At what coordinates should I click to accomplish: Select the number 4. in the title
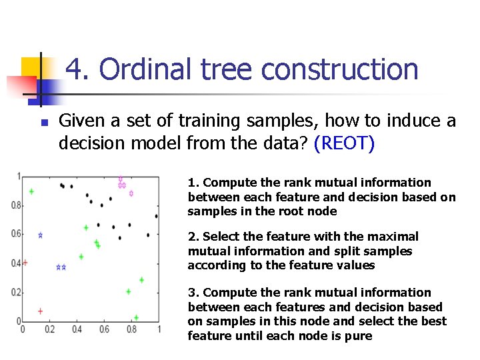click(x=79, y=69)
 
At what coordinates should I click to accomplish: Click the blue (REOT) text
click(x=344, y=143)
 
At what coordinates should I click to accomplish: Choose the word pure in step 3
click(x=359, y=335)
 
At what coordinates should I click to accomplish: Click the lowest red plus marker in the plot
click(x=40, y=311)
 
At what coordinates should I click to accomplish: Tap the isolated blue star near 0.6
click(x=40, y=235)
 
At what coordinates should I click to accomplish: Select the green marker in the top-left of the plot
click(x=31, y=191)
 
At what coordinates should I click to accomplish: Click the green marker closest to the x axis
click(x=136, y=317)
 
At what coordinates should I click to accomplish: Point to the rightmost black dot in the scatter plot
click(x=157, y=216)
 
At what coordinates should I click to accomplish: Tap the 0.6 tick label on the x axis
click(x=104, y=329)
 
